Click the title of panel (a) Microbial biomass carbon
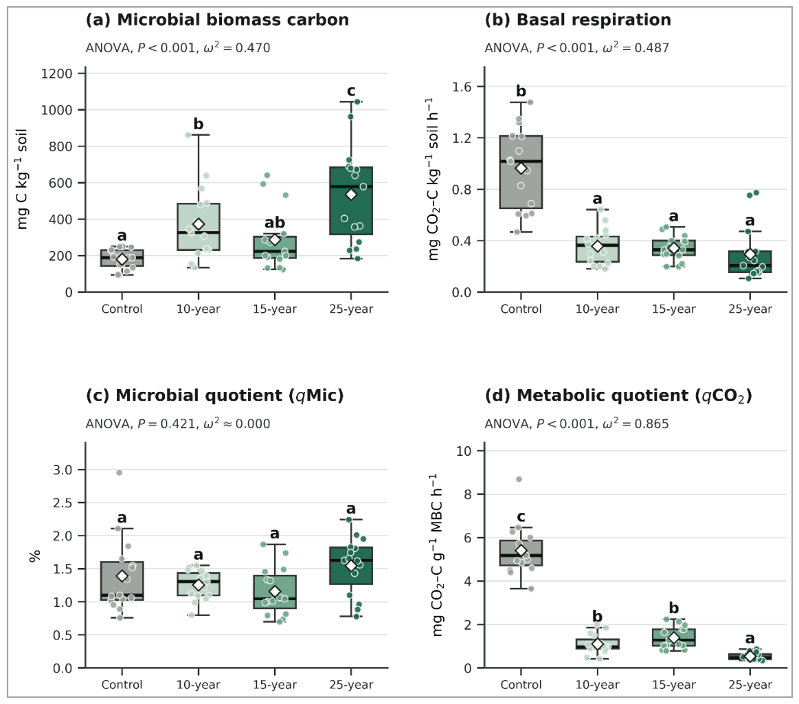coord(217,20)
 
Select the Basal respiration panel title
coord(577,20)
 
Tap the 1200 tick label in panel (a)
coord(56,74)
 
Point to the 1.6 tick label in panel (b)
coord(462,87)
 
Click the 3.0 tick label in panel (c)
coord(63,470)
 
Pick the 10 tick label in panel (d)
coord(464,450)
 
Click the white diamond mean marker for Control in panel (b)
coord(521,168)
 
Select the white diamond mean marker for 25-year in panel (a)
coord(351,195)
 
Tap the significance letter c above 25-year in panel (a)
coord(351,91)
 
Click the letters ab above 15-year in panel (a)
coord(275,223)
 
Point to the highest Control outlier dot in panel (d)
coord(519,479)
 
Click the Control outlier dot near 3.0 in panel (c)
coord(120,472)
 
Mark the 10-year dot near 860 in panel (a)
coord(188,135)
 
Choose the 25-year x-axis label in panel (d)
coord(750,685)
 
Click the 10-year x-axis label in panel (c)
coord(199,685)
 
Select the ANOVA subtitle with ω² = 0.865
coord(576,423)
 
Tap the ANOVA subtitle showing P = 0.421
coord(178,423)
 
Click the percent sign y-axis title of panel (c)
coord(34,555)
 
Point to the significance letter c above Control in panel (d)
coord(521,517)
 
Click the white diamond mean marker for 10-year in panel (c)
coord(199,584)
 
